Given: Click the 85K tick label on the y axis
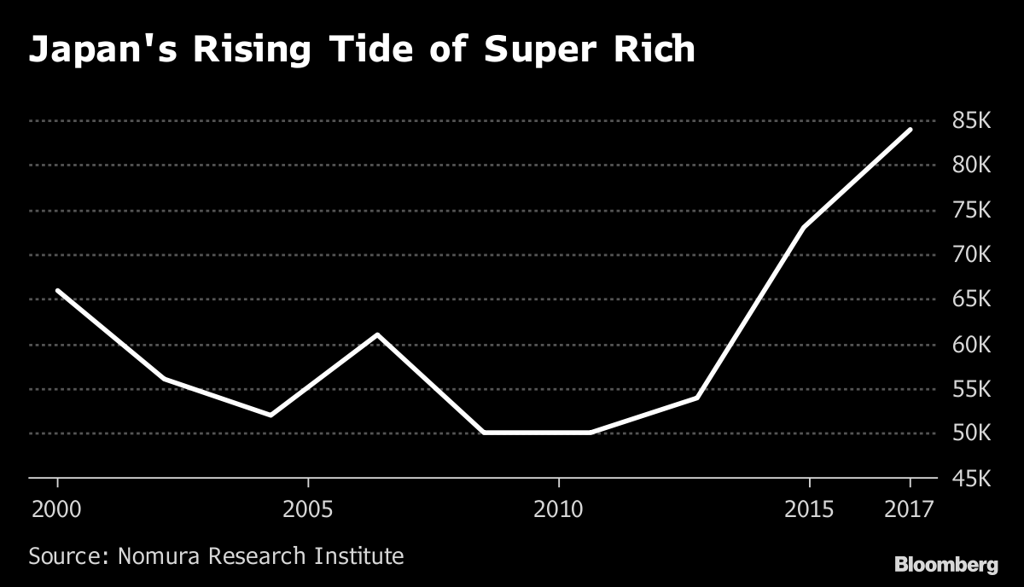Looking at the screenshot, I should (x=971, y=121).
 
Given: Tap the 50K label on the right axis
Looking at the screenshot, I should (x=971, y=433).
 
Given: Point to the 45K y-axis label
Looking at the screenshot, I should (x=971, y=479).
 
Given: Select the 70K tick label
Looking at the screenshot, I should (x=971, y=254).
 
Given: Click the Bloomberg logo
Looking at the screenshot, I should (x=945, y=564).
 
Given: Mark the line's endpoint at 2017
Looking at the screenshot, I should (x=911, y=130).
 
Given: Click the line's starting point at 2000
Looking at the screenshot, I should (x=57, y=290).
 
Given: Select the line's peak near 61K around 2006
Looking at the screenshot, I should (x=377, y=334).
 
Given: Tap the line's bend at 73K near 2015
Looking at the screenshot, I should (x=804, y=227).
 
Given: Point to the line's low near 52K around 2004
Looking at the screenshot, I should (x=271, y=415).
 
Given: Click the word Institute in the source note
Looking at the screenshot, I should (x=358, y=557).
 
